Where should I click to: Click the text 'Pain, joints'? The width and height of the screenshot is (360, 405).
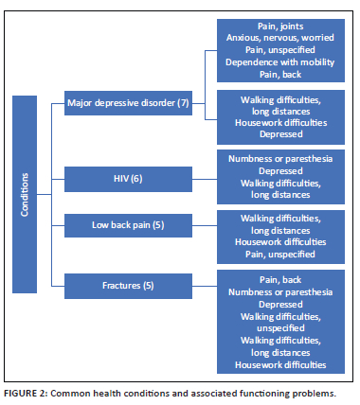tap(281, 27)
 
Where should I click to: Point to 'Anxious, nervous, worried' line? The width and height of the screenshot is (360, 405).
tap(281, 39)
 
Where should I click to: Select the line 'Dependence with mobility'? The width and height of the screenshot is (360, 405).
tap(281, 62)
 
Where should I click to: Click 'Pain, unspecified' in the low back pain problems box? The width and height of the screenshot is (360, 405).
tap(281, 252)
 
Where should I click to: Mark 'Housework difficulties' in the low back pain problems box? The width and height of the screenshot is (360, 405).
tap(281, 240)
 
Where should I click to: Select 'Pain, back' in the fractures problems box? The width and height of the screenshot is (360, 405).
tap(281, 280)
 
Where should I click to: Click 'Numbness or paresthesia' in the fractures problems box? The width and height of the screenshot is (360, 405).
tap(281, 292)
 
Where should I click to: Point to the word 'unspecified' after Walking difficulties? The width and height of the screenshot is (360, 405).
tap(281, 328)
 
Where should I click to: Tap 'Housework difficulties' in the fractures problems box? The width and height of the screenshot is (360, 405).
tap(281, 364)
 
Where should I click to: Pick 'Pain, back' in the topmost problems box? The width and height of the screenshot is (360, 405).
tap(281, 73)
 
